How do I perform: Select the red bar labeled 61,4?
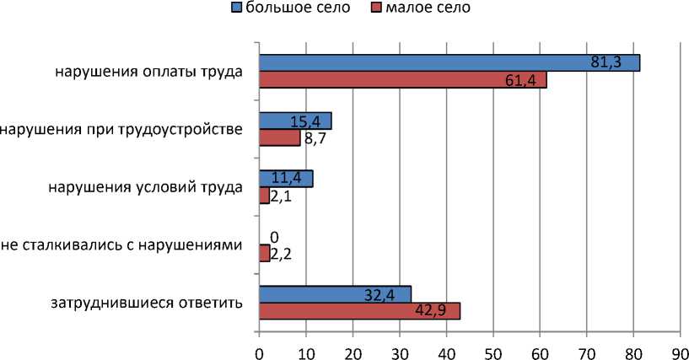pos(402,79)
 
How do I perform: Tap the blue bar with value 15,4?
pos(295,121)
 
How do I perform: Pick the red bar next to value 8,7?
pos(279,137)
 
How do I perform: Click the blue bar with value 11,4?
pos(286,179)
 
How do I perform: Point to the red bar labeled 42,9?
pos(359,311)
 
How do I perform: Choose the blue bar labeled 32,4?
pos(335,294)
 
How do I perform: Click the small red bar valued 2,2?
pos(264,253)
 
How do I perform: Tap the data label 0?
pos(272,238)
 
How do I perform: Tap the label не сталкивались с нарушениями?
pos(122,244)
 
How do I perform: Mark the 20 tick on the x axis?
pos(353,348)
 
